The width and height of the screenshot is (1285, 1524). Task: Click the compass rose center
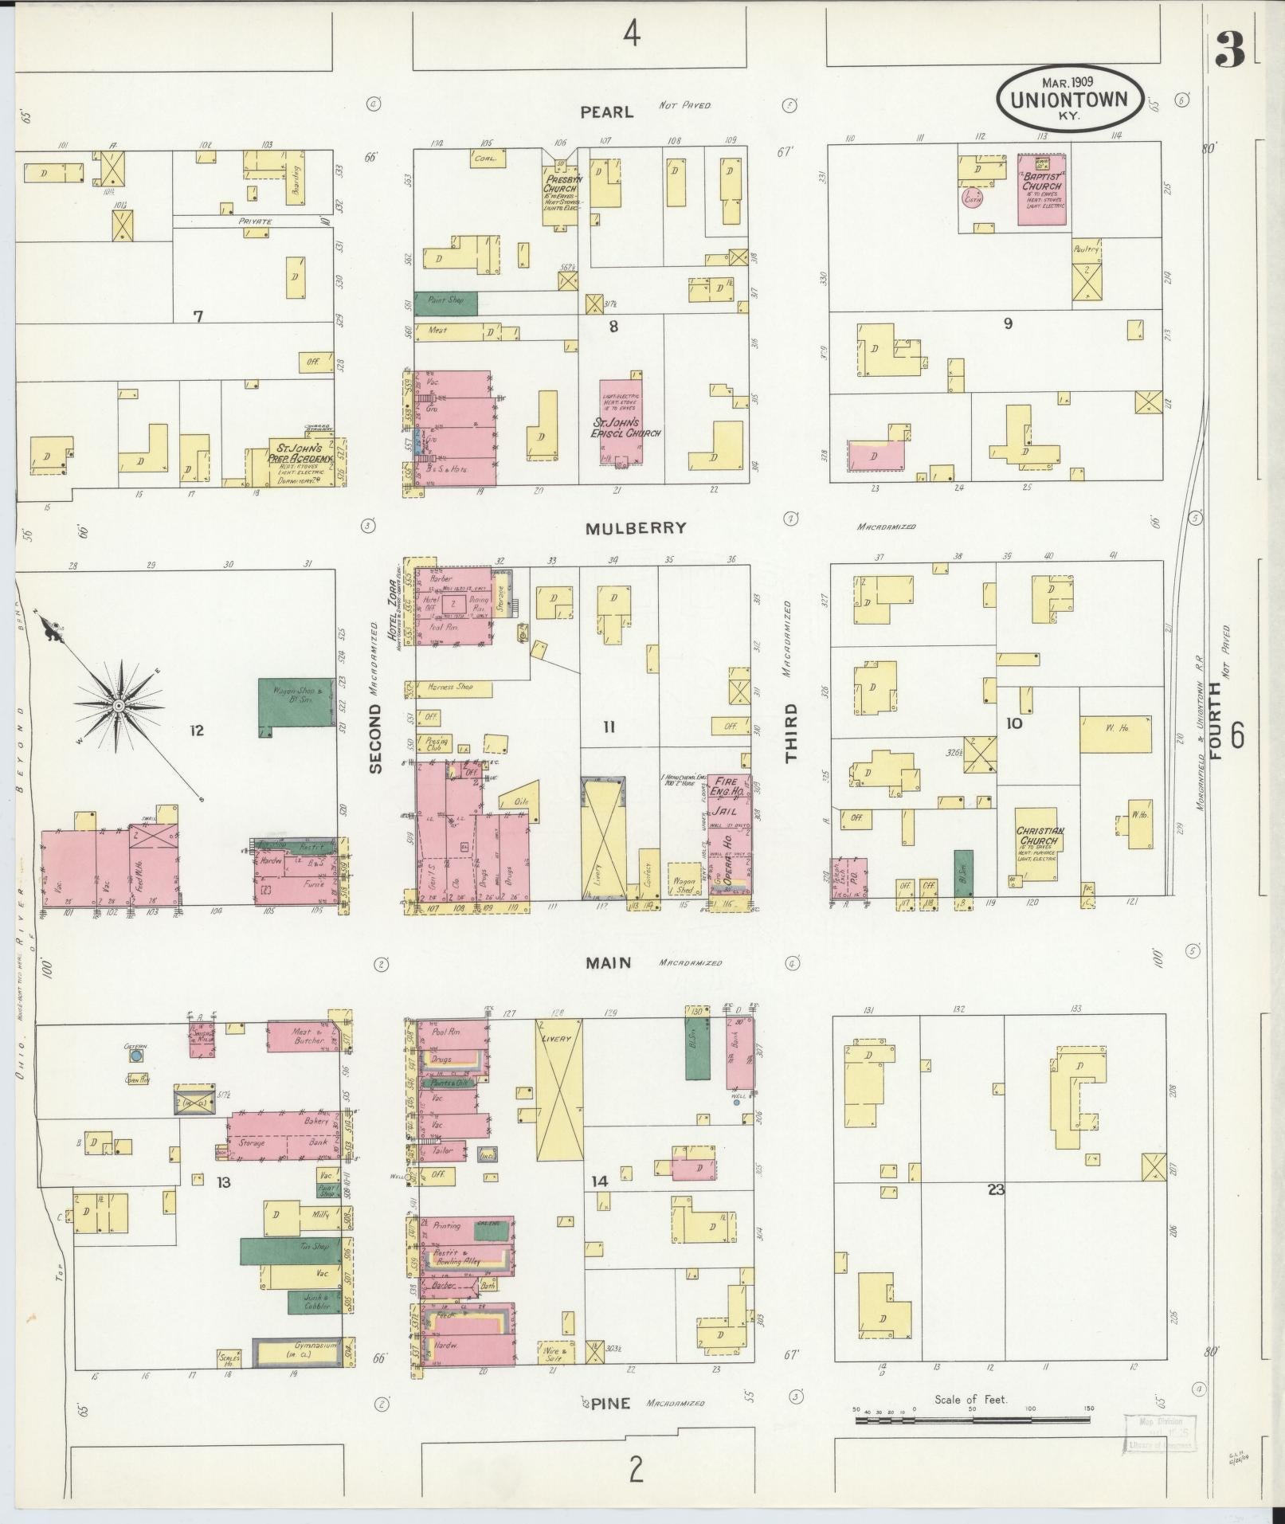coord(118,706)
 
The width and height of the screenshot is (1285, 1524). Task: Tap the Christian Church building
coord(1039,844)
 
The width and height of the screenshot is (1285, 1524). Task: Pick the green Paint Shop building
coord(445,303)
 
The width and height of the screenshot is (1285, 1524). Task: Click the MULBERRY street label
coord(635,528)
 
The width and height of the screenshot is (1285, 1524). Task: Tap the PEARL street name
coord(606,112)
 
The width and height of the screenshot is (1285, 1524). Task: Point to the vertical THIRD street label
coord(791,733)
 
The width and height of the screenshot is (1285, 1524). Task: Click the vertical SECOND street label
coord(376,738)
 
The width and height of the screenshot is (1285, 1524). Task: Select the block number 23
coord(995,1190)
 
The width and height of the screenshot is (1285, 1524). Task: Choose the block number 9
coord(1008,323)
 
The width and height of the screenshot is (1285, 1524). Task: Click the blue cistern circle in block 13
coord(135,1056)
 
